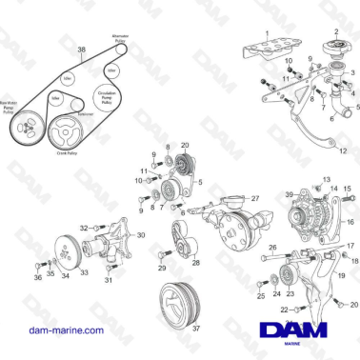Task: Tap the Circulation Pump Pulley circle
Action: [x=108, y=95]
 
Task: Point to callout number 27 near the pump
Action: [x=254, y=197]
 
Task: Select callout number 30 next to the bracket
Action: [x=141, y=234]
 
